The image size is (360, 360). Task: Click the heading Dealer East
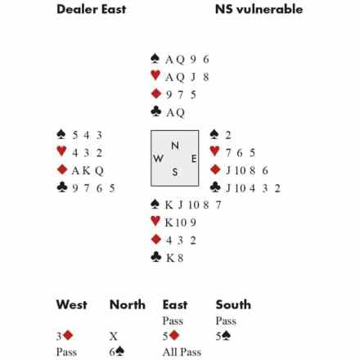tap(91, 9)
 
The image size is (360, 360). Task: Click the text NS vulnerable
tap(259, 9)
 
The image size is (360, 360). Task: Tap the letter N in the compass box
tap(175, 146)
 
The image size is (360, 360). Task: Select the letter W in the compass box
tap(158, 158)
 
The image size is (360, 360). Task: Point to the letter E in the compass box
tap(194, 159)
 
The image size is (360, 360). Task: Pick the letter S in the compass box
tap(175, 172)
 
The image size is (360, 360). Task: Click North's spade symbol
tap(155, 58)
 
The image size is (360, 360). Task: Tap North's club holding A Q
tap(175, 112)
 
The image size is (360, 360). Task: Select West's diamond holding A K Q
tap(88, 171)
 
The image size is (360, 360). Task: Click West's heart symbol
tap(61, 151)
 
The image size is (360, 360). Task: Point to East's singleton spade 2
tap(228, 135)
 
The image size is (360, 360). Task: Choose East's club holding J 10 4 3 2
tap(253, 188)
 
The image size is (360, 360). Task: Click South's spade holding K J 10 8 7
tap(193, 205)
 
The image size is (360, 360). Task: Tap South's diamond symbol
tap(156, 239)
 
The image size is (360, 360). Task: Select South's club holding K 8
tap(174, 258)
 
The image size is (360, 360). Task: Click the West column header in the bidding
tap(71, 304)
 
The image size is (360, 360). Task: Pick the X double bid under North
tap(113, 336)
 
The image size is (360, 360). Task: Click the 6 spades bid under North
tap(117, 352)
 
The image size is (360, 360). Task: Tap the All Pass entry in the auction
tap(182, 352)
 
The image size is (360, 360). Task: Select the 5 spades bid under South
tap(223, 336)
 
